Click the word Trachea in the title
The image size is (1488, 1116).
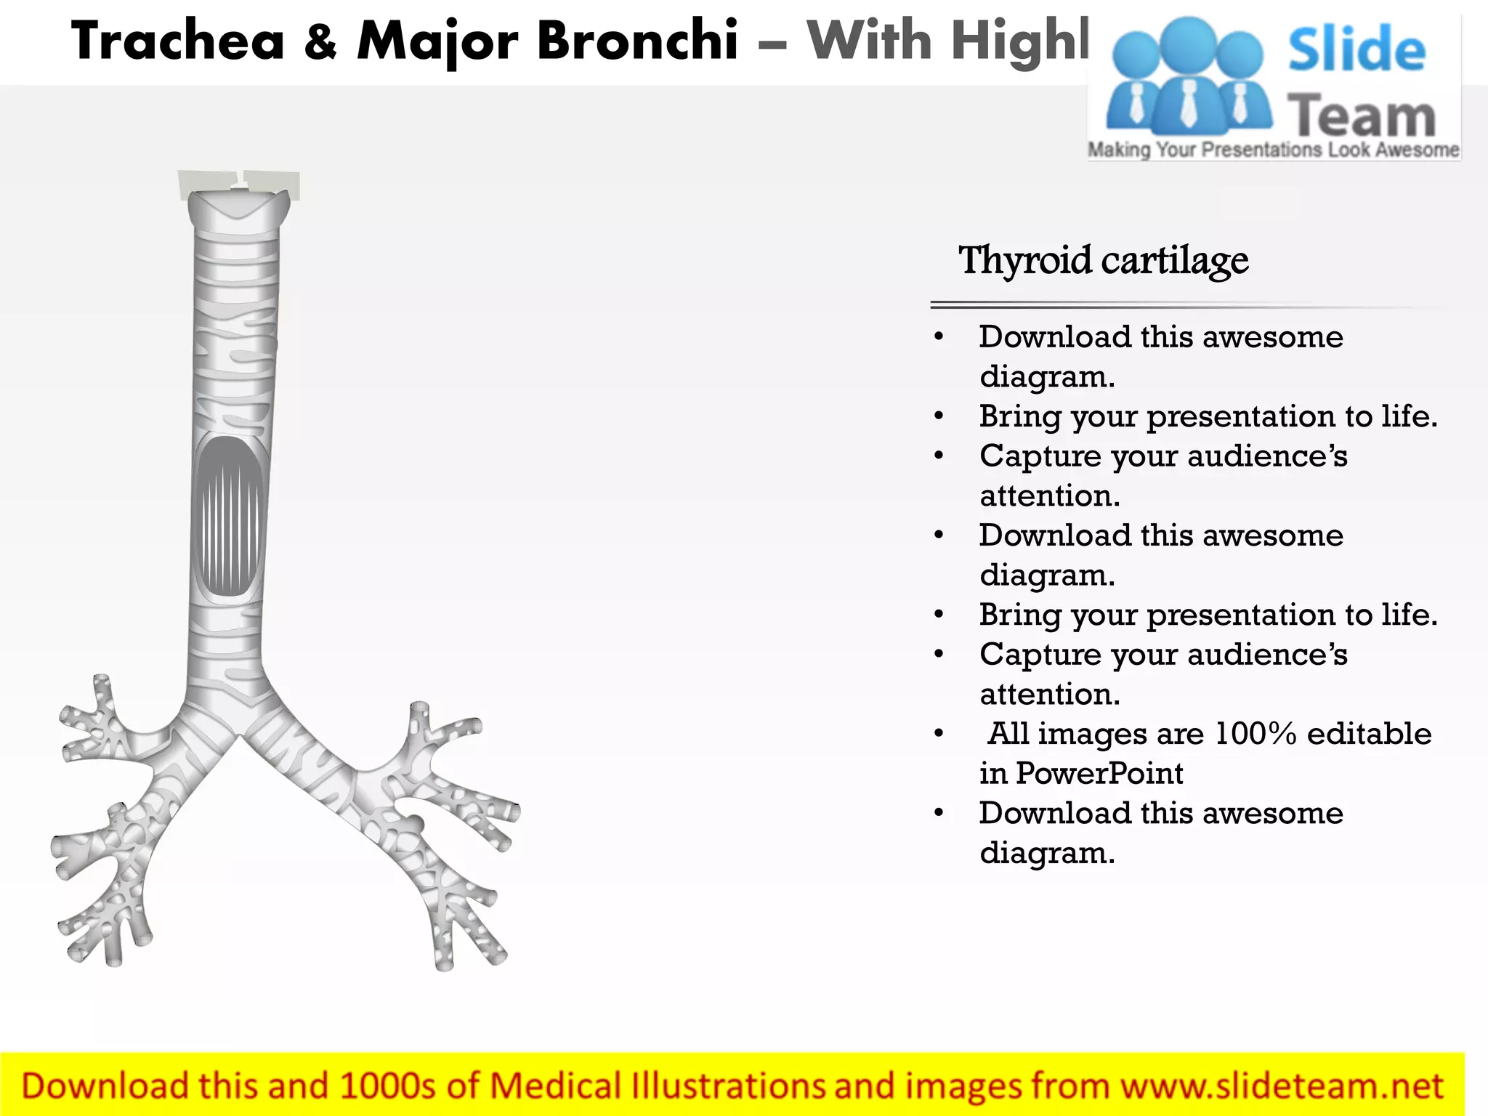[x=177, y=41]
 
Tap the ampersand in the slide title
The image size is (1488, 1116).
[x=320, y=42]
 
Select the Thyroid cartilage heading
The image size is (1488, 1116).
[x=1103, y=260]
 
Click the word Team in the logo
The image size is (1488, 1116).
[x=1362, y=116]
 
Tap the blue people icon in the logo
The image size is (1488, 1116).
[x=1189, y=76]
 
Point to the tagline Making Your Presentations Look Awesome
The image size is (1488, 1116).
[x=1273, y=150]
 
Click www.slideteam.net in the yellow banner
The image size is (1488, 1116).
[x=1282, y=1086]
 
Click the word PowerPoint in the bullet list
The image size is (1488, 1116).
[x=1099, y=773]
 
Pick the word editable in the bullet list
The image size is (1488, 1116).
[x=1369, y=734]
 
